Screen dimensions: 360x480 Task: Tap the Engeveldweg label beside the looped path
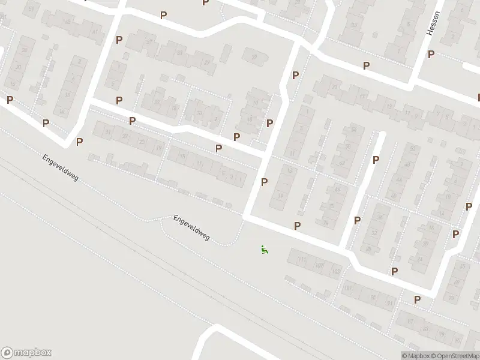[x=191, y=228]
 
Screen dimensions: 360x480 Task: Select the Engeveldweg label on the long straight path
[x=61, y=169]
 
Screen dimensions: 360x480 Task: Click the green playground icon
[x=263, y=249]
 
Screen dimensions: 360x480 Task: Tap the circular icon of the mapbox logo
[x=8, y=353]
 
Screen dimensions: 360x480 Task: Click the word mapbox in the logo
[x=32, y=353]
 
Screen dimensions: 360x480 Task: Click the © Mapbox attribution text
[x=415, y=356]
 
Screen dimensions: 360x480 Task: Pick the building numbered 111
[x=302, y=260]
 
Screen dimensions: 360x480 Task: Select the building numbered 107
[x=320, y=266]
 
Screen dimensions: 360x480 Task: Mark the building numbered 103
[x=335, y=272]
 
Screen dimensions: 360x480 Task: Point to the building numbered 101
[x=348, y=289]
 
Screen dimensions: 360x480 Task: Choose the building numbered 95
[x=373, y=297]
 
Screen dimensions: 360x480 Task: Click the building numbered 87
[x=410, y=322]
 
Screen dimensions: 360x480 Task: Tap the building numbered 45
[x=68, y=22]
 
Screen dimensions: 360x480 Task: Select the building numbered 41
[x=95, y=31]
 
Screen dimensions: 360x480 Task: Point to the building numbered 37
[x=149, y=41]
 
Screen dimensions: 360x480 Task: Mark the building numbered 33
[x=179, y=52]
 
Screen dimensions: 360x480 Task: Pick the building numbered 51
[x=31, y=8]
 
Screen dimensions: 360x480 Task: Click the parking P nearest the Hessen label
[x=431, y=54]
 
